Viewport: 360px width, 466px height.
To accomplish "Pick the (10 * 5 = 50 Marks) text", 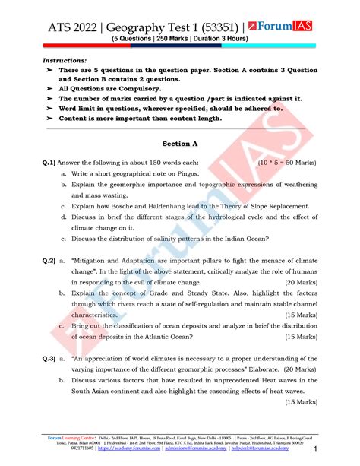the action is [293, 162].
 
